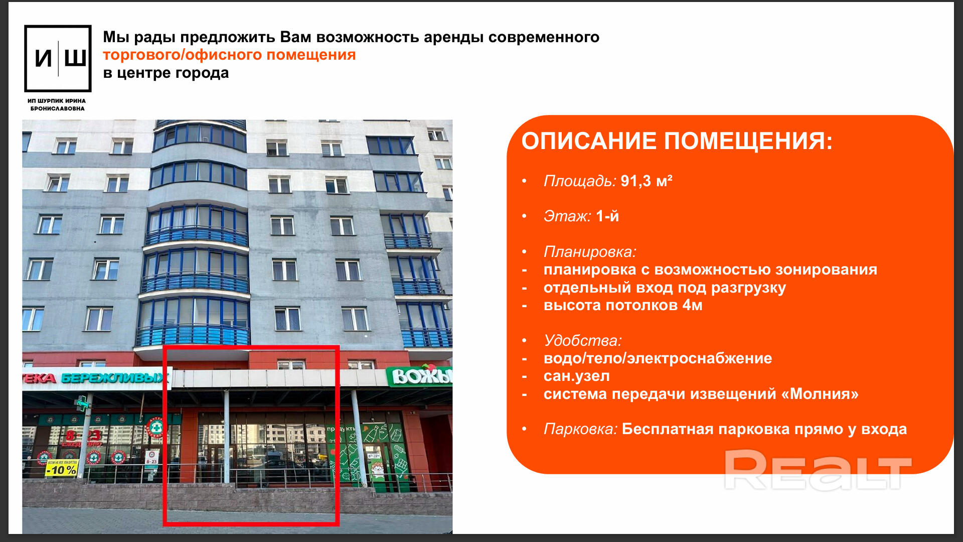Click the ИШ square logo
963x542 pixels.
[x=58, y=59]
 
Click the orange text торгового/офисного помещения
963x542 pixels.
[x=229, y=55]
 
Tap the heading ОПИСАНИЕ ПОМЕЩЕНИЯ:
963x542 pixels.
[x=677, y=141]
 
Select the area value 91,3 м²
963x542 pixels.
[x=647, y=181]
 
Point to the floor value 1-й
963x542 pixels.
[x=607, y=216]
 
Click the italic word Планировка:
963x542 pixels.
[x=590, y=251]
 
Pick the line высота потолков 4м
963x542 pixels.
[x=623, y=305]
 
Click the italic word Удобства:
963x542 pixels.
[x=583, y=340]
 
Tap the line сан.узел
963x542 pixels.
[x=577, y=376]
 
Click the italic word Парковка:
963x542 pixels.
[x=580, y=429]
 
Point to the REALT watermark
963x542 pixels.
[x=818, y=470]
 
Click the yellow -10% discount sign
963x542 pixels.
[x=61, y=470]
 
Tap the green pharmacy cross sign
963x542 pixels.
[x=82, y=402]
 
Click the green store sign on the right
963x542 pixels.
[x=419, y=376]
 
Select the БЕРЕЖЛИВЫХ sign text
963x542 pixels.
[x=115, y=378]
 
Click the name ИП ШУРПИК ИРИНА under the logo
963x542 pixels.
[x=57, y=101]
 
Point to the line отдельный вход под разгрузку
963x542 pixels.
[x=665, y=288]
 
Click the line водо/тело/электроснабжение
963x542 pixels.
[x=658, y=358]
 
